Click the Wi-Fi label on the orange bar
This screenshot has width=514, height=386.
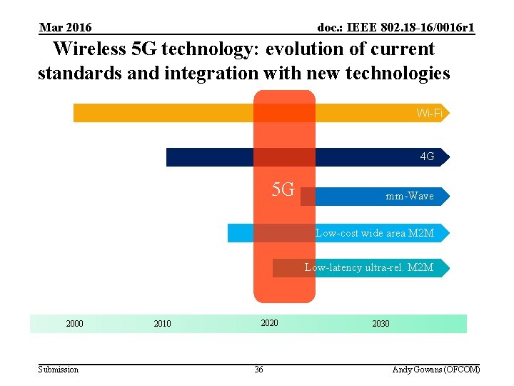tap(430, 113)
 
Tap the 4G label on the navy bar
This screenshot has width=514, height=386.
tap(427, 157)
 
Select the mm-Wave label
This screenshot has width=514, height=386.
tap(409, 196)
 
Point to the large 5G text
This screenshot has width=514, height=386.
tap(283, 190)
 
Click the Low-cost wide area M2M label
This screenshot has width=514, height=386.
tap(375, 233)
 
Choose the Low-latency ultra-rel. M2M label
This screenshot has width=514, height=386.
tap(369, 267)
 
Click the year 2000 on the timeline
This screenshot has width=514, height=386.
tap(74, 324)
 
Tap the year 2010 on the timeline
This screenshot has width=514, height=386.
tap(162, 324)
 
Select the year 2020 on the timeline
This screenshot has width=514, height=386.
tap(269, 323)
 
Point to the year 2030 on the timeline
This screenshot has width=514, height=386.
tap(381, 324)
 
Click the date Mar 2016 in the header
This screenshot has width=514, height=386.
tap(65, 28)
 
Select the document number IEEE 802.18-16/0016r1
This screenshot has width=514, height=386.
tap(396, 28)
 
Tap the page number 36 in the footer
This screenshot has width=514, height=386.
tap(258, 370)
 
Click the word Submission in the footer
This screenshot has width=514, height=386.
tap(59, 370)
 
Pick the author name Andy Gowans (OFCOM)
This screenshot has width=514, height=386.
tap(436, 370)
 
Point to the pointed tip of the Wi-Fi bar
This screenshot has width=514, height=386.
tap(450, 113)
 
